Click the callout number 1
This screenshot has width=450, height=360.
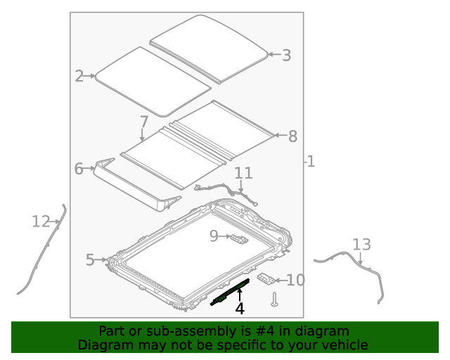pyautogui.click(x=311, y=162)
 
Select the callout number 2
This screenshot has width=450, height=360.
pyautogui.click(x=79, y=76)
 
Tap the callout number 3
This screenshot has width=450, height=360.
pyautogui.click(x=286, y=55)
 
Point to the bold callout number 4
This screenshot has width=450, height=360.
pyautogui.click(x=240, y=308)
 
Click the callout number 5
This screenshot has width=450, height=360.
pyautogui.click(x=89, y=260)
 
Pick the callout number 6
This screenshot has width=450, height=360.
pyautogui.click(x=79, y=168)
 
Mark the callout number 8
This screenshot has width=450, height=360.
pyautogui.click(x=293, y=136)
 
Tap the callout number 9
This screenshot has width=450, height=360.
pyautogui.click(x=214, y=237)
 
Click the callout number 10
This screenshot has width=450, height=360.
pyautogui.click(x=296, y=281)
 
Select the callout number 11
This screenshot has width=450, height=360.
pyautogui.click(x=243, y=173)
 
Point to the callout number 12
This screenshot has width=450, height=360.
pyautogui.click(x=41, y=222)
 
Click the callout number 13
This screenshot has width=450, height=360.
pyautogui.click(x=361, y=245)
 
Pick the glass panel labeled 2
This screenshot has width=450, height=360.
pyautogui.click(x=151, y=79)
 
